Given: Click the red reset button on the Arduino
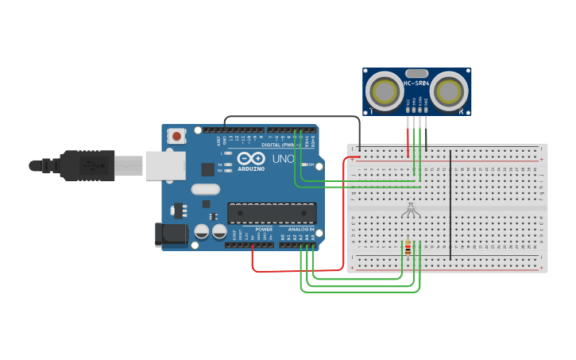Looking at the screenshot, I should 176,136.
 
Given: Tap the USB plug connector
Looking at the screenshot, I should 87,165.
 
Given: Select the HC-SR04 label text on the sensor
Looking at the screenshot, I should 416,83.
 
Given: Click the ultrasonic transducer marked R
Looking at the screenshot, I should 448,91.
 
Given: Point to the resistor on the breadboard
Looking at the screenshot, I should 408,249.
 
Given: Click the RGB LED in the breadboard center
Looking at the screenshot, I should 410,209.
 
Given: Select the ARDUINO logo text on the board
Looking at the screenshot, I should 251,168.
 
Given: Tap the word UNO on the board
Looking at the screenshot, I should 284,159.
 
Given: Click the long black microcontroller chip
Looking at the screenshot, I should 272,213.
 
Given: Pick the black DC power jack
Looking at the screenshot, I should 170,234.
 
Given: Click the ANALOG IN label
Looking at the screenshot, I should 301,229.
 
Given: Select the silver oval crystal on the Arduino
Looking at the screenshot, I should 205,189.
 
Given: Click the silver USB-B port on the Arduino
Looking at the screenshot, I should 164,165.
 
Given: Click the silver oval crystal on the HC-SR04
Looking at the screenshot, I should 416,73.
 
